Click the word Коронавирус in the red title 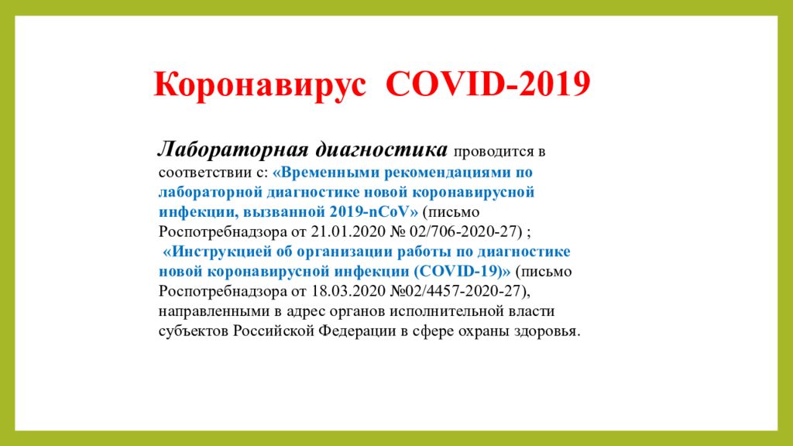tap(259, 84)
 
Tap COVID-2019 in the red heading tap(488, 84)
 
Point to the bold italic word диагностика tap(382, 149)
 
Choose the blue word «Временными tap(326, 173)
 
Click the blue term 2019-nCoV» tap(374, 211)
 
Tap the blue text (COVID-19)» tap(462, 271)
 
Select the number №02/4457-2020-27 tap(458, 291)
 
